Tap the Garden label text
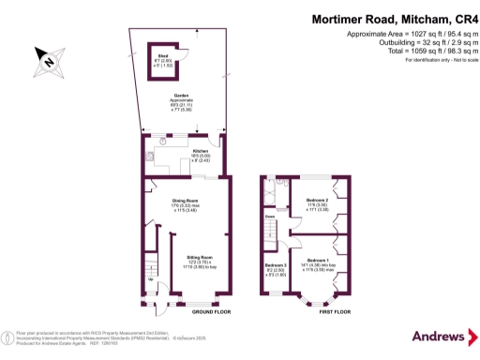coord(181,99)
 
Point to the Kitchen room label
coord(200,152)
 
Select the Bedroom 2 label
coord(318,201)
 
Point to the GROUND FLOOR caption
coord(187,312)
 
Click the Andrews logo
coord(438,336)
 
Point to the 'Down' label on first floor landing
coord(269,215)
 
